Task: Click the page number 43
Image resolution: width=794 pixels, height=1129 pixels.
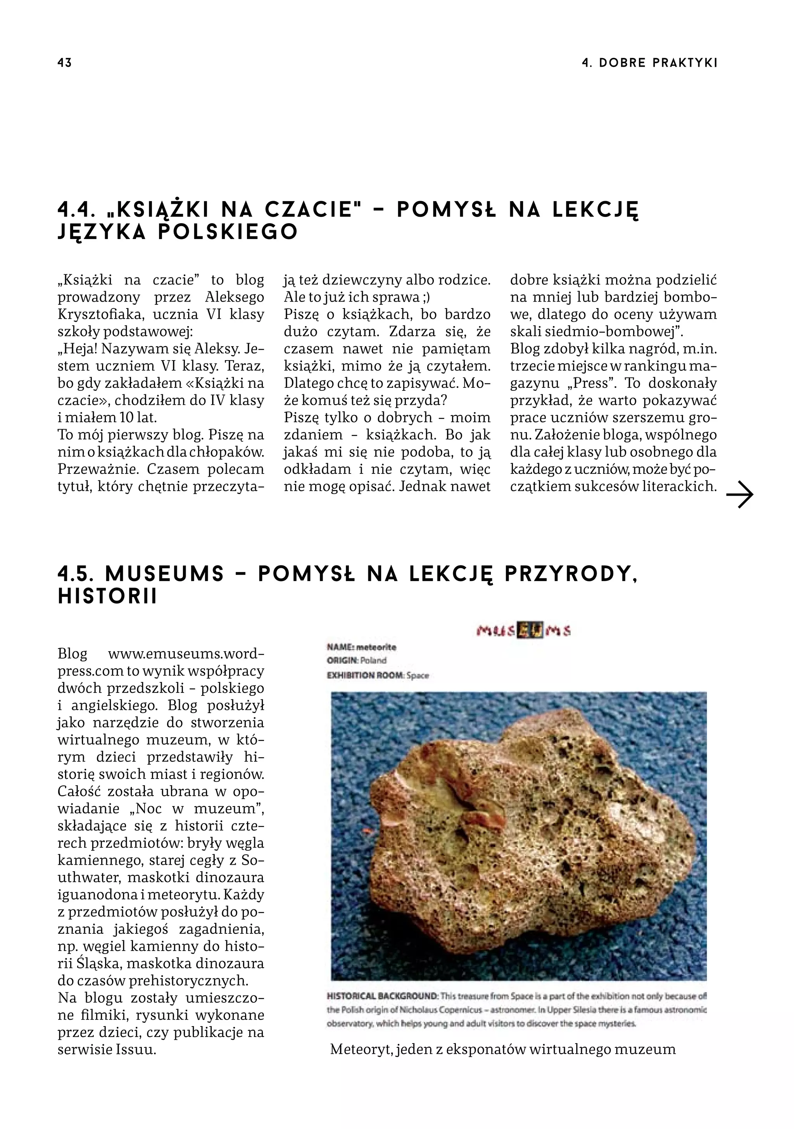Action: coord(64,63)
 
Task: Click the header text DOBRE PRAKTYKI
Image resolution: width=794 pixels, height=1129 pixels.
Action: coord(658,63)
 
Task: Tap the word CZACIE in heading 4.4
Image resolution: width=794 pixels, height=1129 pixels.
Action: coord(309,210)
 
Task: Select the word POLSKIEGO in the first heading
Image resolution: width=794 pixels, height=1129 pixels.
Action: coord(228,232)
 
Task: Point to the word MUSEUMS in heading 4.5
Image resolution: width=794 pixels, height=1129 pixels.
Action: coord(165,574)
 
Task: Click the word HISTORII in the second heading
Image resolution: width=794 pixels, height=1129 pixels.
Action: coord(108,597)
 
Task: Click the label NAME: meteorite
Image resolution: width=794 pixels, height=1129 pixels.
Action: coord(361,647)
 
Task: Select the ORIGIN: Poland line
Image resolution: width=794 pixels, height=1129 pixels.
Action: coord(357,661)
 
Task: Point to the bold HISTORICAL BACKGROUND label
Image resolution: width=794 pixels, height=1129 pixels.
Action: coord(382,996)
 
